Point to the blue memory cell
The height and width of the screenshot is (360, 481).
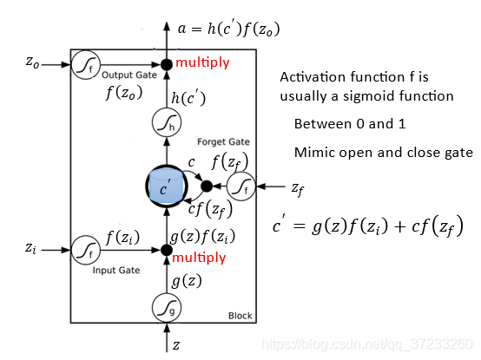tap(167, 187)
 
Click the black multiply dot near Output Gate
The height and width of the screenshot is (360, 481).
tap(167, 65)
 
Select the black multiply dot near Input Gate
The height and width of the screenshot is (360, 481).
tap(167, 251)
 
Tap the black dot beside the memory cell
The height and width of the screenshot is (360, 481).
tap(207, 186)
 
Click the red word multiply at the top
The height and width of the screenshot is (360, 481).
tap(202, 62)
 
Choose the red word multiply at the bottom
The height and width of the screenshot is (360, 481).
tap(199, 258)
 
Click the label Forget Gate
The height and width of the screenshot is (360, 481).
tap(223, 142)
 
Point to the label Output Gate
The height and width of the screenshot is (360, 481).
tap(129, 75)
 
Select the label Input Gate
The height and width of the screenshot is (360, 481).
tap(116, 271)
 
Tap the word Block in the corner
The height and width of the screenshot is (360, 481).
tap(240, 316)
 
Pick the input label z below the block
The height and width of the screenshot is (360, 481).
tap(176, 345)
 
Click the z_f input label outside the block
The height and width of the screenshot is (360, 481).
tap(298, 189)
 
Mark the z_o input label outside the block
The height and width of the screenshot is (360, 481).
tap(32, 62)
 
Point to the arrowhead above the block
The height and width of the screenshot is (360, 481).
tap(167, 26)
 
